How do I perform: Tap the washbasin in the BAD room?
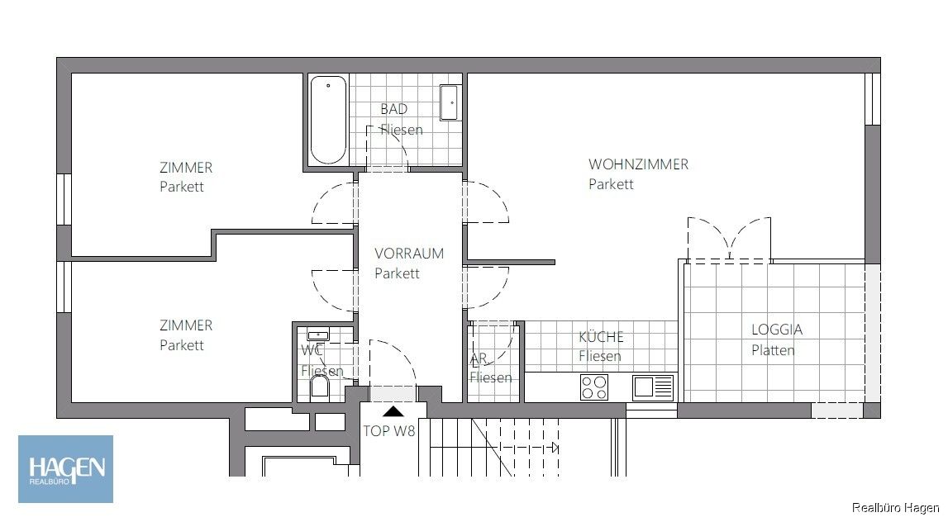coord(449,102)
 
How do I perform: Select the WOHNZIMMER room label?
coord(638,164)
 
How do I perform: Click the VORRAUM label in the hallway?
coord(408,254)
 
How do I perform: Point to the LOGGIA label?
coord(776,330)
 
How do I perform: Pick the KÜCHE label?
coord(601,337)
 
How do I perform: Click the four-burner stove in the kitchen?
coord(593,387)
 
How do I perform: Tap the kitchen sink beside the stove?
coord(653,387)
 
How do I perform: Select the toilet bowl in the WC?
coord(320,388)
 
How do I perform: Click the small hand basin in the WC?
coord(317,335)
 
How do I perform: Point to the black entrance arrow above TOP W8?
coord(394,410)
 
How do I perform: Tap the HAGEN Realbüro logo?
coord(66,469)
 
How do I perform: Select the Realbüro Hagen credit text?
coord(896,507)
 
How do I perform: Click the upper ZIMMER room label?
coord(186,168)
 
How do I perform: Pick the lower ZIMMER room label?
coord(186,325)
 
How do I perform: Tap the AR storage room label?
coord(479,359)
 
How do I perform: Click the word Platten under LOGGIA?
coord(773,350)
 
